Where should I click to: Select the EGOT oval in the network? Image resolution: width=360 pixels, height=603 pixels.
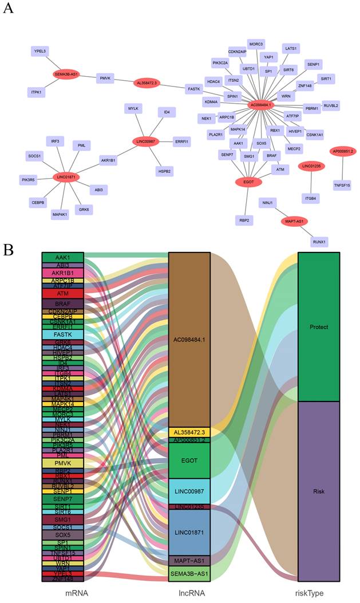(x=248, y=182)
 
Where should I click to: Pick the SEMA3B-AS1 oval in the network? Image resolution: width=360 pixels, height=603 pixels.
(x=66, y=74)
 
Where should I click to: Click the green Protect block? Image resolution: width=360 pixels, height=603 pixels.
(x=319, y=326)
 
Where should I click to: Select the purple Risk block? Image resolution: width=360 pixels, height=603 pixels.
(x=319, y=491)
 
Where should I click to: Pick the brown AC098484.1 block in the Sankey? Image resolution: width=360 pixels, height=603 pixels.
(x=189, y=339)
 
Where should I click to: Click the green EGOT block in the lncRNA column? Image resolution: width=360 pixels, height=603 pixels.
(x=189, y=460)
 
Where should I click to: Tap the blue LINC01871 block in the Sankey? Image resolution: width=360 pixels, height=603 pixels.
(x=189, y=531)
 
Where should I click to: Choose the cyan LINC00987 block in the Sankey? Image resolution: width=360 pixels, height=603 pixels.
(x=189, y=491)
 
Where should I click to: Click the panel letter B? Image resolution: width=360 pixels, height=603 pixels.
(x=8, y=250)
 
